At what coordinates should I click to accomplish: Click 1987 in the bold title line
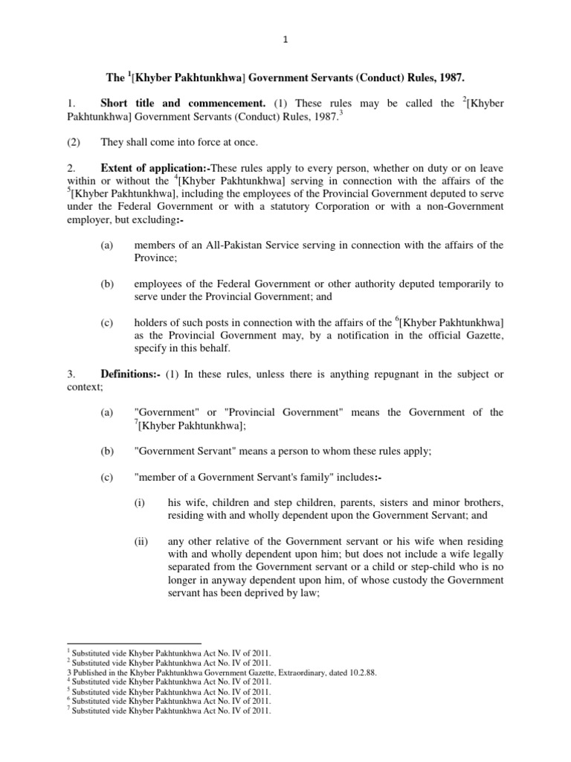(x=452, y=77)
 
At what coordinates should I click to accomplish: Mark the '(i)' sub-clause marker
(x=139, y=502)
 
